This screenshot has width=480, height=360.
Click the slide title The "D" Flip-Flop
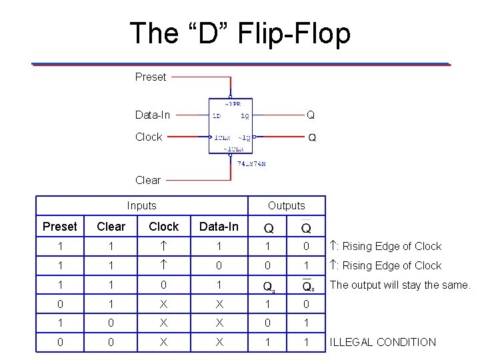click(240, 33)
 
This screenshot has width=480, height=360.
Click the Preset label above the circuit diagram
click(150, 77)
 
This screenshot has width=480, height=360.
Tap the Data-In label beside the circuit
click(152, 115)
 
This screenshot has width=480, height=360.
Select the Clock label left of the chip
click(148, 137)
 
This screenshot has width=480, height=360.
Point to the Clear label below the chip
click(147, 180)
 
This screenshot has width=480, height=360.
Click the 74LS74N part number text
click(251, 163)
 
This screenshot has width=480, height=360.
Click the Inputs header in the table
click(141, 206)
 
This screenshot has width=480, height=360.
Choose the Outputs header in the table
click(286, 206)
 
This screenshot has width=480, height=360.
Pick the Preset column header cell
click(60, 227)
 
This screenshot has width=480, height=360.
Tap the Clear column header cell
click(111, 227)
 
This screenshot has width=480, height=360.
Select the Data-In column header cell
click(219, 227)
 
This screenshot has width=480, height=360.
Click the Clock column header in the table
click(163, 227)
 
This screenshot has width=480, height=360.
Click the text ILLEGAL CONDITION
click(383, 342)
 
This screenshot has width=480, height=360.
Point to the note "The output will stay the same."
click(400, 285)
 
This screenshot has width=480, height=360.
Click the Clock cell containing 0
click(163, 285)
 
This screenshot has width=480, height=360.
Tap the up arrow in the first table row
click(163, 246)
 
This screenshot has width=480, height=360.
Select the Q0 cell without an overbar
click(269, 286)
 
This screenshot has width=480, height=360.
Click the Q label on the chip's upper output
click(310, 115)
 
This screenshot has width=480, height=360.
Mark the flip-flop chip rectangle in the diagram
click(231, 125)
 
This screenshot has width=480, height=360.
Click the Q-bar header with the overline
click(305, 227)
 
